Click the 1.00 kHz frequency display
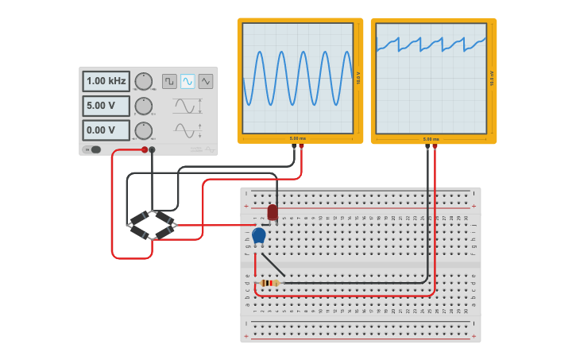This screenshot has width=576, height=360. point(106,81)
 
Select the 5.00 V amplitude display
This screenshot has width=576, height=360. point(106,106)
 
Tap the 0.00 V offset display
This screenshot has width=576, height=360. point(106,130)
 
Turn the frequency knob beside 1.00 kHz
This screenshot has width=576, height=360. point(143,81)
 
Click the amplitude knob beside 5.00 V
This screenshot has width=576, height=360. point(143,106)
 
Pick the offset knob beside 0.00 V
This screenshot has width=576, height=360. point(143,130)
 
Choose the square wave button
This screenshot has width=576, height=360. point(169,81)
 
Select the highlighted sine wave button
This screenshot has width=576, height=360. point(187,81)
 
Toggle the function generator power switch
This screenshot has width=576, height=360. point(95,149)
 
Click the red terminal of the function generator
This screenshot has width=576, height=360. point(145,149)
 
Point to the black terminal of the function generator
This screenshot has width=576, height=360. point(153,149)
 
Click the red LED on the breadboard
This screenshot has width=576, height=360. point(273,212)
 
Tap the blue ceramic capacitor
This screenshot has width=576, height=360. point(259,235)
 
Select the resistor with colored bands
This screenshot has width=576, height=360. point(269,283)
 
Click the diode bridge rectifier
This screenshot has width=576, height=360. point(153,225)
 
